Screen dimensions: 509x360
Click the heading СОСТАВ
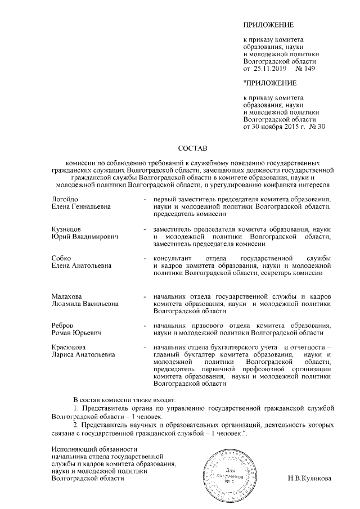(192, 148)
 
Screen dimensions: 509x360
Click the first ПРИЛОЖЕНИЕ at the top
(268, 26)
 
